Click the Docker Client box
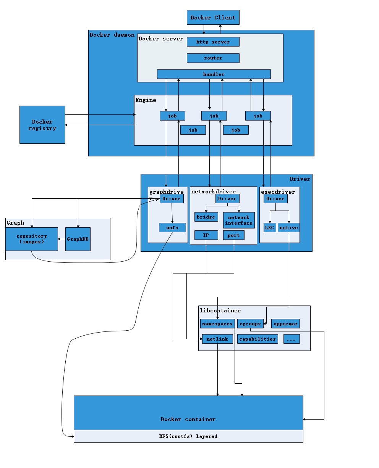coord(213,18)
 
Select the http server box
coord(213,42)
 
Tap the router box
coord(213,58)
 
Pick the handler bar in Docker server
coord(214,74)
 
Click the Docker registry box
coord(42,125)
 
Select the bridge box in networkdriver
coord(206,217)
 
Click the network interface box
coord(239,220)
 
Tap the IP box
coord(206,235)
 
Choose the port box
coord(233,235)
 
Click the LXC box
coord(270,228)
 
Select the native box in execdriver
coord(288,228)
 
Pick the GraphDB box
coord(78,239)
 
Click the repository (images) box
coord(32,239)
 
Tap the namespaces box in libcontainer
coord(217,324)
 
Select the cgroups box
coord(250,324)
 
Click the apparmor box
coord(285,324)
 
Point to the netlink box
coord(217,339)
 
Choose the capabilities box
coord(258,339)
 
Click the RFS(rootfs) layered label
coord(188,436)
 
